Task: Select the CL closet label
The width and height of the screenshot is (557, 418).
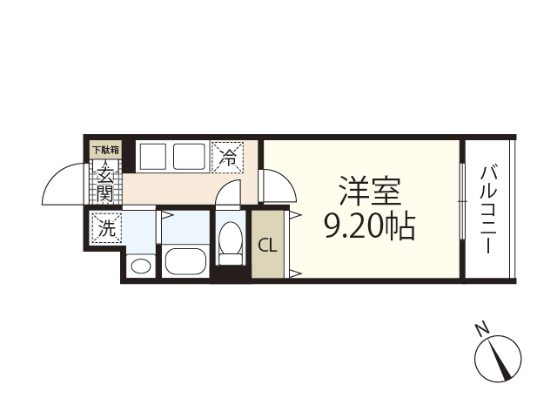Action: coord(267,245)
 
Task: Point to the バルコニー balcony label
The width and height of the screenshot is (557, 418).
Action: coord(488,210)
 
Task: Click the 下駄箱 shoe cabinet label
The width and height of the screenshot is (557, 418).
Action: coord(106,150)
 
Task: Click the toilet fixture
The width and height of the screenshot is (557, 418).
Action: coord(231,243)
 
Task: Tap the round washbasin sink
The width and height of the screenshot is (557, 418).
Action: coord(139,266)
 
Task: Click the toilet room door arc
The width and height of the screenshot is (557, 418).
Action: coord(228,191)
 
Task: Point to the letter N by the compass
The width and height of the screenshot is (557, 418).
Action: coord(480,328)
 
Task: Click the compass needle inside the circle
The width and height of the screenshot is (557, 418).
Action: coord(500,357)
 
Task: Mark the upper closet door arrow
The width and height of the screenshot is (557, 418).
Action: coord(294,213)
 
